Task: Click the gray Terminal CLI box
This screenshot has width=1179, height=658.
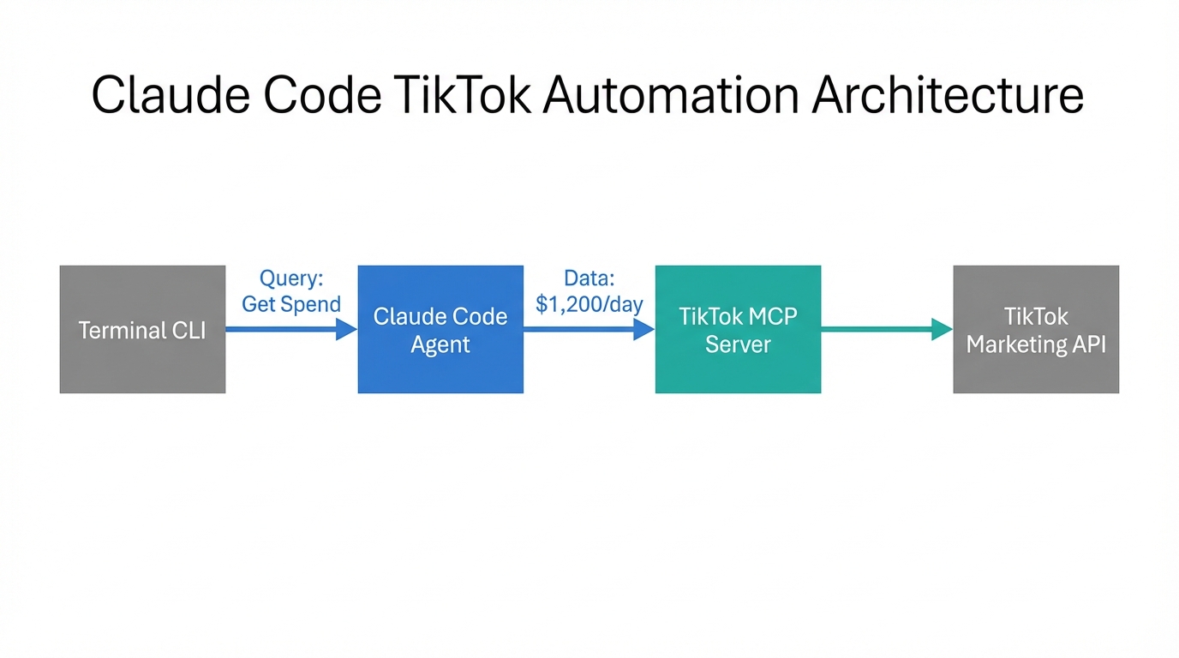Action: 142,329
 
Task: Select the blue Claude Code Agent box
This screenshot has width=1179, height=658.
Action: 440,329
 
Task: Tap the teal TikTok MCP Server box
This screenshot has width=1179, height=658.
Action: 738,329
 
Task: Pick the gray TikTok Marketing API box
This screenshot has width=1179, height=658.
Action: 1036,329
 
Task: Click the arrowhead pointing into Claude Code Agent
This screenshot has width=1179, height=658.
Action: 346,329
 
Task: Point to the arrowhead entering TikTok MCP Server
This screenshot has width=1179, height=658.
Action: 644,329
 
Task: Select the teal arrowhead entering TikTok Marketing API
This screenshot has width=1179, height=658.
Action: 942,329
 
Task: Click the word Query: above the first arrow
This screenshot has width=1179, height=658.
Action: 291,278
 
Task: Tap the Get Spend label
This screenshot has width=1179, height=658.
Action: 291,304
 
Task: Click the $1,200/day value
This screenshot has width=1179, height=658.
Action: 589,304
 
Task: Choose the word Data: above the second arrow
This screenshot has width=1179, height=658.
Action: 589,278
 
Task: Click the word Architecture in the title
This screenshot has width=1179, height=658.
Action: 948,96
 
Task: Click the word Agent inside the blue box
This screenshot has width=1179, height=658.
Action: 440,344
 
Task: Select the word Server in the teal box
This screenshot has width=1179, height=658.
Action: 738,344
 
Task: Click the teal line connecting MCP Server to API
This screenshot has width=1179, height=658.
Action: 874,329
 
